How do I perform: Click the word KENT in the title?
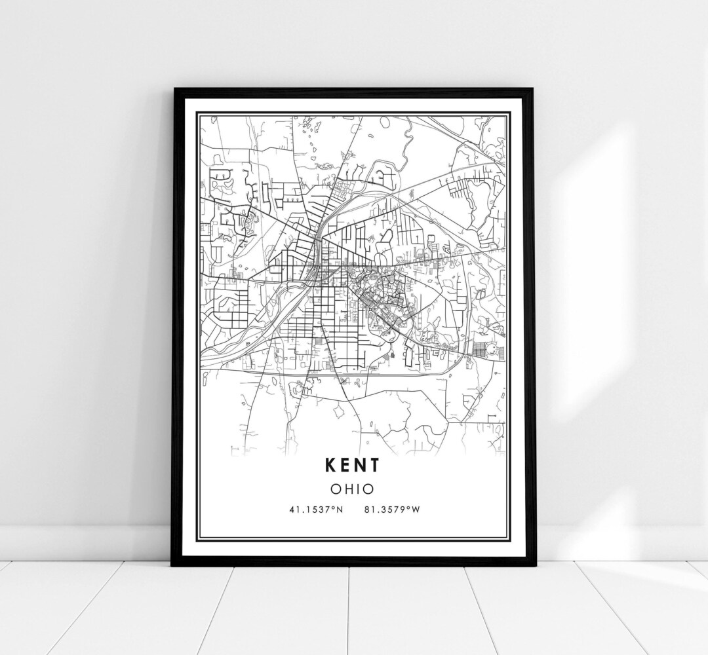point(351,465)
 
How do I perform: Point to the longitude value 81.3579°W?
point(391,510)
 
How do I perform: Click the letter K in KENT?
point(330,465)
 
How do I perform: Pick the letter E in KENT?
point(345,465)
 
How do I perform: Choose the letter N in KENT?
point(359,465)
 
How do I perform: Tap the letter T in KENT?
point(374,465)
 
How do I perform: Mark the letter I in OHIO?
point(357,488)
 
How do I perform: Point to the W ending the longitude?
point(415,510)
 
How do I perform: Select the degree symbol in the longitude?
point(408,508)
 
